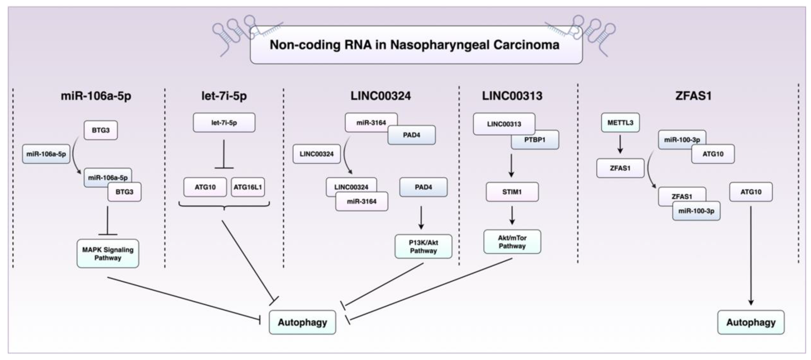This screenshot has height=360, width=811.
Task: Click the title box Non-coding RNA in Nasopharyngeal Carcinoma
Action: pos(416,45)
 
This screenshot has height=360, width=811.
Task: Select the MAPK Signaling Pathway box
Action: pos(108,254)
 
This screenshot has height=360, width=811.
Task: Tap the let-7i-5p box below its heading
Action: pos(224,123)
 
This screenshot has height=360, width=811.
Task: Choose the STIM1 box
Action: pos(512,192)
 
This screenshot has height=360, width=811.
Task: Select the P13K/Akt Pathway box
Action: pos(423,247)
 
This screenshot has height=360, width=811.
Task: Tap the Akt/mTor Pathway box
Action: pos(512,242)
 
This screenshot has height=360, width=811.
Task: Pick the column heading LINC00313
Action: pos(512,96)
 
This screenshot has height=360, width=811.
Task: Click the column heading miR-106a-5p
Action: pos(96,96)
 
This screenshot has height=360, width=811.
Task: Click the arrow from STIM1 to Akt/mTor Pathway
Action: pos(512,215)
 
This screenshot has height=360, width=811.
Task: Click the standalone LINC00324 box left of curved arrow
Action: pos(316,154)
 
